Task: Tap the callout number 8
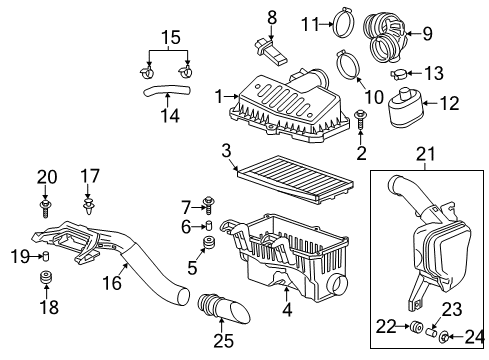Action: click(x=271, y=16)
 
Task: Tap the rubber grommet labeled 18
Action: click(x=45, y=276)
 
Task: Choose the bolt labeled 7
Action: click(x=209, y=206)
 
